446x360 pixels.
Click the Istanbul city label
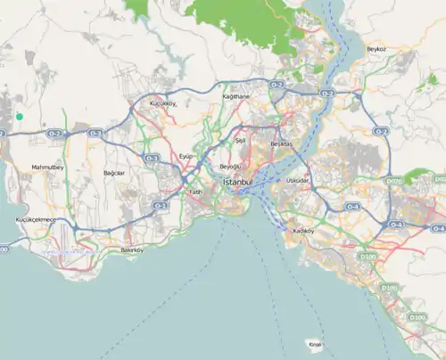coord(237,182)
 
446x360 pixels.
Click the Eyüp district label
coord(186,156)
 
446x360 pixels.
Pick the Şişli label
coord(239,141)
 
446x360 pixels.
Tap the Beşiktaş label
coord(281,143)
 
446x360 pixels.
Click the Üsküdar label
coord(298,180)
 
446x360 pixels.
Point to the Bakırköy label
coord(132,250)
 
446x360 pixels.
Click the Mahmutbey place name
coord(46,167)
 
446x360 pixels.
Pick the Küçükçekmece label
coord(36,219)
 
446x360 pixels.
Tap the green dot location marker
coord(19,116)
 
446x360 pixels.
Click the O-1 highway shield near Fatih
coord(160,206)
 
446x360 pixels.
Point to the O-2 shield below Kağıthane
coord(276,85)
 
